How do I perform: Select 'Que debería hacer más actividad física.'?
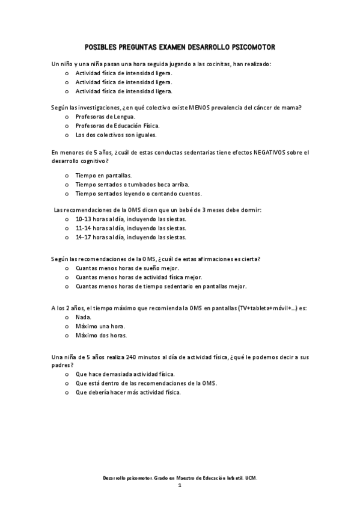click(x=128, y=392)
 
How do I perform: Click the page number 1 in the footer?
click(x=180, y=485)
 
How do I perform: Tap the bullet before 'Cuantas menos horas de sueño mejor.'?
click(x=66, y=268)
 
